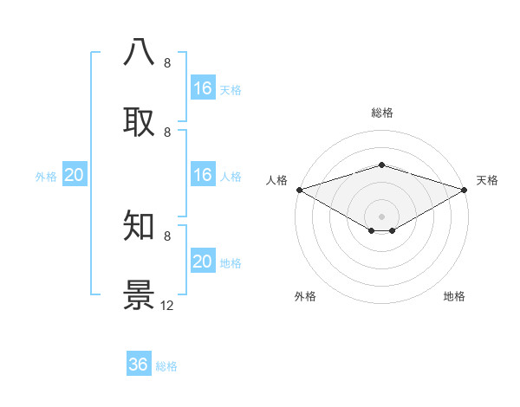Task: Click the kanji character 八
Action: coord(140,53)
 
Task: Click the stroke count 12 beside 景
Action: coord(167,306)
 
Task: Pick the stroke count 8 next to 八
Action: coord(167,63)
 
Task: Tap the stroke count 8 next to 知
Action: coord(167,236)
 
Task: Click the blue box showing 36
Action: coord(139,365)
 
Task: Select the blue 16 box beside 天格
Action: coord(203,88)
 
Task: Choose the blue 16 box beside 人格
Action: coord(203,175)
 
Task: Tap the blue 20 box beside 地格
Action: coord(203,262)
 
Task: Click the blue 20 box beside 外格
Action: coord(75,175)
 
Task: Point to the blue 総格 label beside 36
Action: coord(166,366)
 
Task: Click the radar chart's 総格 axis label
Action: coord(381,113)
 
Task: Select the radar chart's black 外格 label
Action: coord(305,296)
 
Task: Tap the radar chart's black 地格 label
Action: coord(454,296)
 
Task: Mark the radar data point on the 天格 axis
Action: coord(465,190)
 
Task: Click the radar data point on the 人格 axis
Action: coord(299,190)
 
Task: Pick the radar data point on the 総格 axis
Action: coord(381,165)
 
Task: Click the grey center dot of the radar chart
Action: coord(381,216)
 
